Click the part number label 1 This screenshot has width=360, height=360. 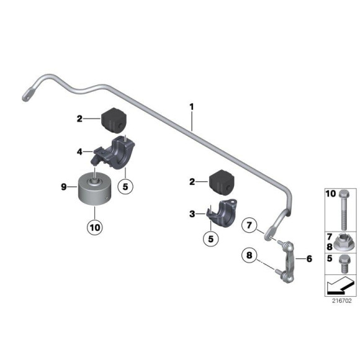click(x=192, y=107)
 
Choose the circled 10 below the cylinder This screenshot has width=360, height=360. click(x=94, y=227)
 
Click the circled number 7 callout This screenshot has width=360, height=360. click(x=248, y=224)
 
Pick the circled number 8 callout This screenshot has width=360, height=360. click(x=249, y=254)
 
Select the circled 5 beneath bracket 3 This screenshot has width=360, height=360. click(x=212, y=236)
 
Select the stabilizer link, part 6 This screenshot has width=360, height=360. click(x=289, y=260)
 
